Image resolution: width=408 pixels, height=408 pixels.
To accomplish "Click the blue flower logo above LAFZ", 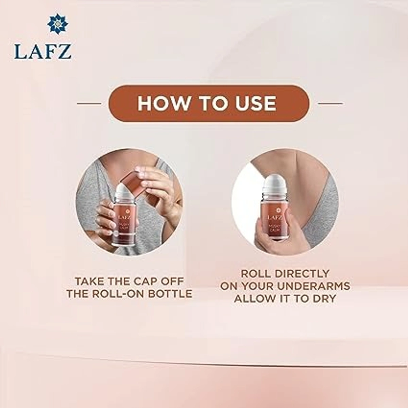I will point(58,24).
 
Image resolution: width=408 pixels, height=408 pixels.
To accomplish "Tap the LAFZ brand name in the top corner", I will point(43,51).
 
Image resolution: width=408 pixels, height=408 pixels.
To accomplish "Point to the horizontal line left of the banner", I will point(89,103).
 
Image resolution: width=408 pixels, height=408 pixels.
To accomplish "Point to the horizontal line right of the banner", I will point(330,103).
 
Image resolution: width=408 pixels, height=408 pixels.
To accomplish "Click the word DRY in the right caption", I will point(321,299).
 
